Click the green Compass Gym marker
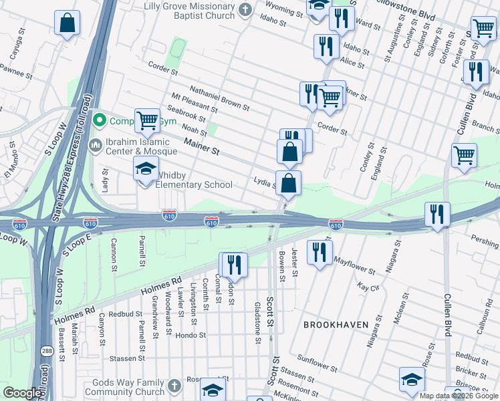click(x=100, y=121)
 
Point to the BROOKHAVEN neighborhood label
click(x=336, y=324)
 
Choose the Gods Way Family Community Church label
click(x=125, y=387)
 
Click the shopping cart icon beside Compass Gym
click(x=148, y=121)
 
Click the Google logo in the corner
click(x=23, y=393)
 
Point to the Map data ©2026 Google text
click(x=459, y=396)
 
